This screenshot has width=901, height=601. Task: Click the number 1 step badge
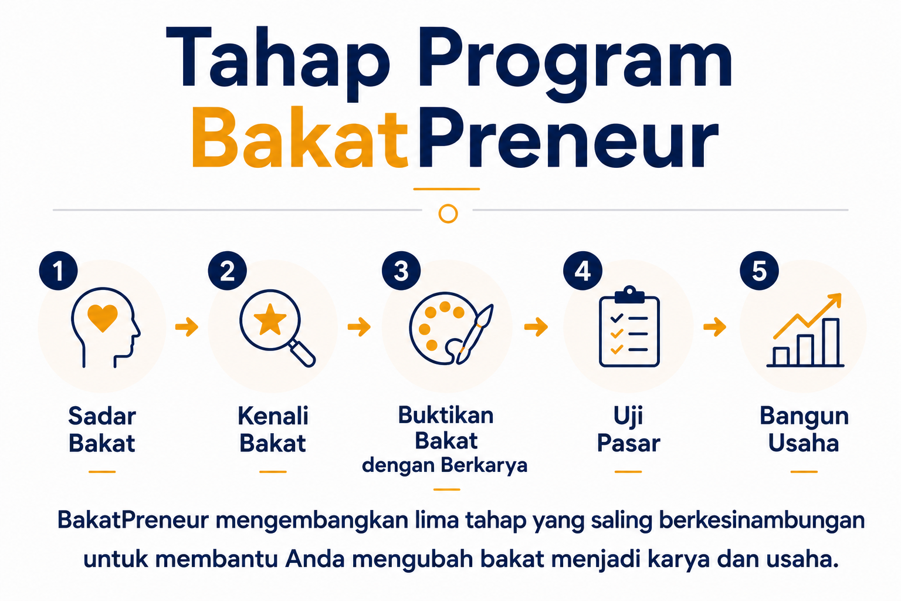(58, 271)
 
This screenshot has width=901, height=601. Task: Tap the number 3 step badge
(401, 271)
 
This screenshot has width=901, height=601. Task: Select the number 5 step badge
(759, 271)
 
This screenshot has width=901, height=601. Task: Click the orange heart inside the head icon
(103, 318)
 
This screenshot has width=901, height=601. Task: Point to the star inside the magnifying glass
(270, 320)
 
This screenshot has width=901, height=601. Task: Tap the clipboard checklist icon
(629, 326)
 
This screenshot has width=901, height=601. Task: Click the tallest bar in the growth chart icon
(831, 342)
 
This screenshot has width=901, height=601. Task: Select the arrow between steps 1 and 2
(187, 326)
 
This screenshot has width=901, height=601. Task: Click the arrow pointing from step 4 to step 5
(715, 326)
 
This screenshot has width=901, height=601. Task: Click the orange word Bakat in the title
(300, 138)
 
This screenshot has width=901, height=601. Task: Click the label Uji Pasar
(628, 430)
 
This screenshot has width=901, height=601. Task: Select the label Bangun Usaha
(804, 430)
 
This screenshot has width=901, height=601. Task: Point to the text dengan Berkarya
(445, 466)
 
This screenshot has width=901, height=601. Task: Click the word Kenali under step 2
(273, 416)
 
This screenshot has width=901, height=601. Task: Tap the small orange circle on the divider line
(448, 214)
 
